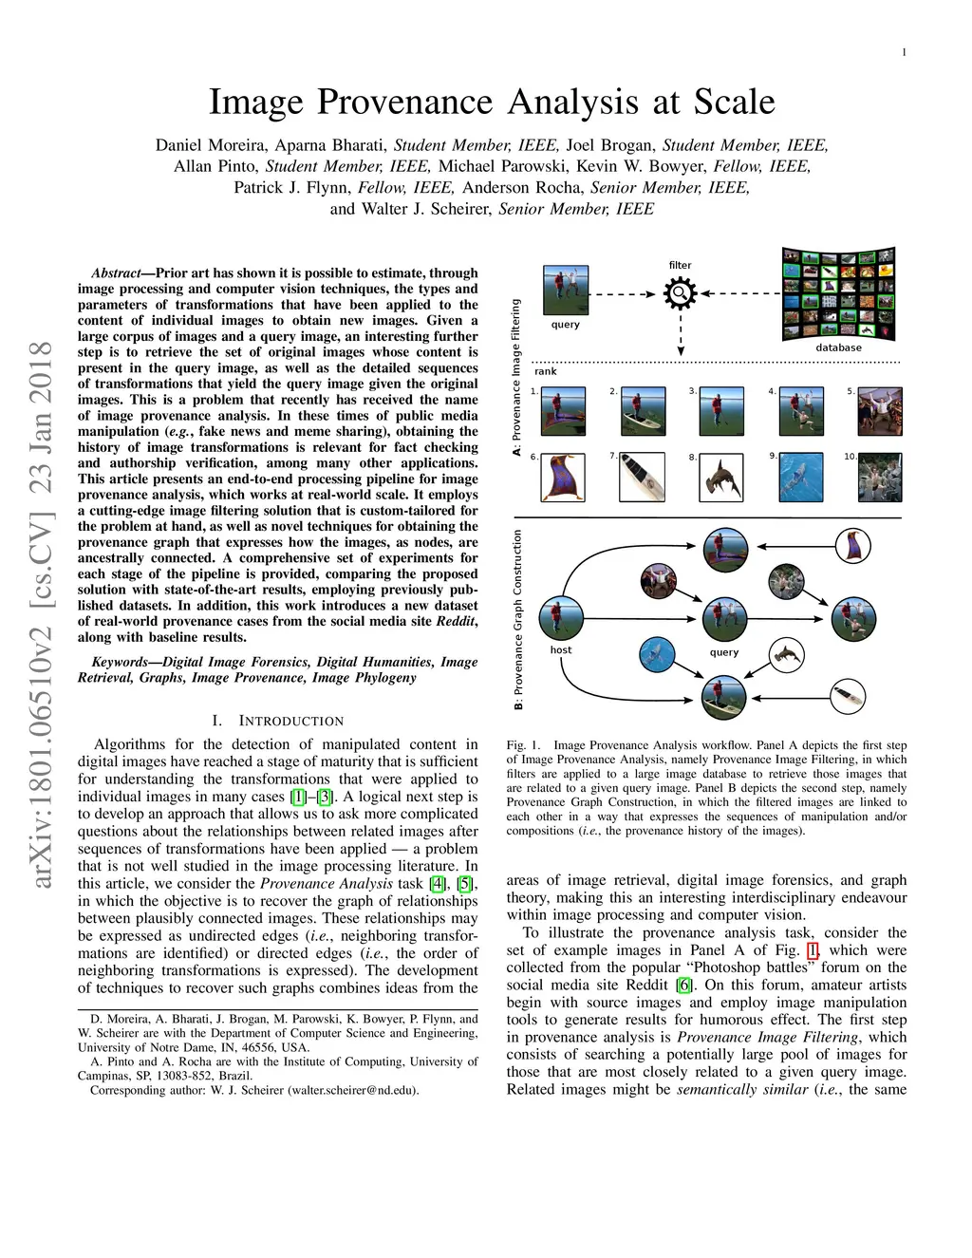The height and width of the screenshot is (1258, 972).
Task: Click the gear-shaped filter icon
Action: tap(681, 294)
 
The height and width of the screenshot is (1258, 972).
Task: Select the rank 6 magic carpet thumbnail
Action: tap(562, 478)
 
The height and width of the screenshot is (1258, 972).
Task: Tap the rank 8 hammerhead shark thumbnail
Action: tap(721, 478)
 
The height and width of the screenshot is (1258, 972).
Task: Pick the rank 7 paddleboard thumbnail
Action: tap(642, 478)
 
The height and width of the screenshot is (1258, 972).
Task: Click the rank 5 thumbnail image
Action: tap(880, 410)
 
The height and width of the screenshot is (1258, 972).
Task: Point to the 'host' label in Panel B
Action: tap(561, 650)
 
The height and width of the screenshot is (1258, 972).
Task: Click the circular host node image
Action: tap(561, 618)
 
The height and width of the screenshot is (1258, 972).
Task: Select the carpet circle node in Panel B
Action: tap(852, 547)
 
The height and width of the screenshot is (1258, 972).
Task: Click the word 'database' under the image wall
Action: tap(838, 347)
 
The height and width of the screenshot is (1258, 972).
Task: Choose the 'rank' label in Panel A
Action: tap(546, 371)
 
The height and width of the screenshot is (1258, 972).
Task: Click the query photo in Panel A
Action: tap(566, 289)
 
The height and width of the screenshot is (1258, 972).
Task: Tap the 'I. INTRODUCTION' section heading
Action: tap(278, 721)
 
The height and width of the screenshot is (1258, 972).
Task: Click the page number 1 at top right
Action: tap(904, 52)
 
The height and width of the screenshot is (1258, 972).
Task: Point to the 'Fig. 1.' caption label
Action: tap(523, 745)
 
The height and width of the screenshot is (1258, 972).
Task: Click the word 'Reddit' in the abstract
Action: tap(458, 621)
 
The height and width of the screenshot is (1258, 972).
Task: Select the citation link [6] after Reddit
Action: tap(684, 985)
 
